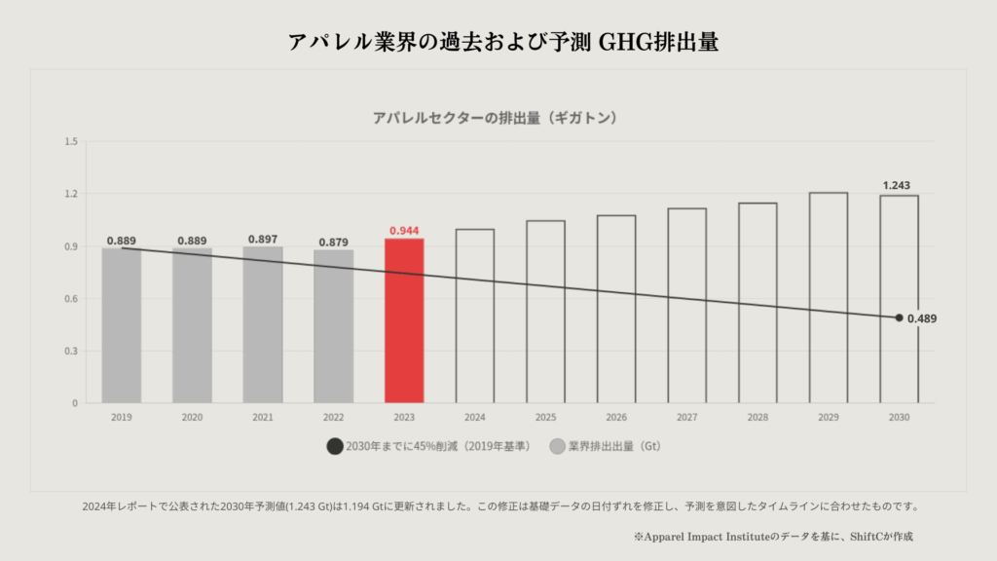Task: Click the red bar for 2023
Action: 404,320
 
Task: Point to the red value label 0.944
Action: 404,231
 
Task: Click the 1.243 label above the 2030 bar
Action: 897,186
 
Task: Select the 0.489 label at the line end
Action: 922,318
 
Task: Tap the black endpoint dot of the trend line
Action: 899,318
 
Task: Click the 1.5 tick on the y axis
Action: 71,142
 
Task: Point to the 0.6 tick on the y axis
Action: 71,299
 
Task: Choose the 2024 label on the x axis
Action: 475,417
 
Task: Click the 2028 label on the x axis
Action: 757,417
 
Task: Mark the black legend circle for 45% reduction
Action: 335,446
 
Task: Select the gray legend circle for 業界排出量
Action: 557,446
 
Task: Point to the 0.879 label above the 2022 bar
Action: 334,242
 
